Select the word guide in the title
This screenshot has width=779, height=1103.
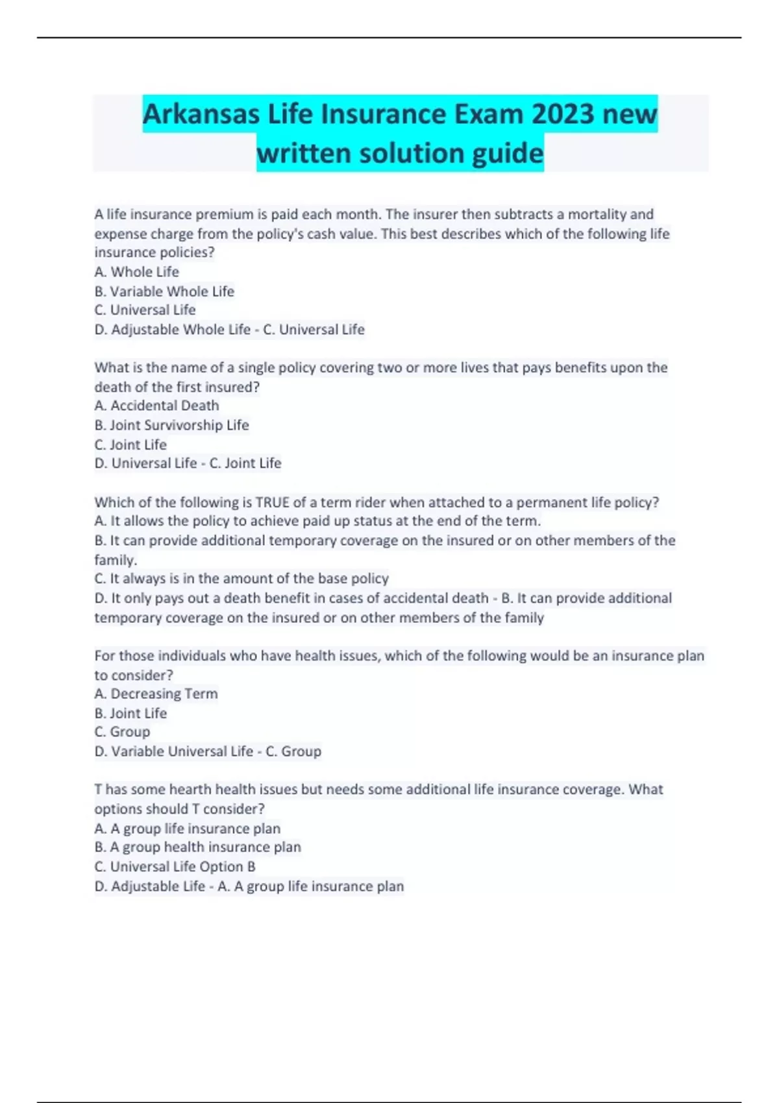[508, 154]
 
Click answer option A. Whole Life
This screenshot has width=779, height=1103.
[136, 272]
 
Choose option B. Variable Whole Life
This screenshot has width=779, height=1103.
[164, 291]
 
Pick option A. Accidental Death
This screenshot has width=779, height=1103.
[156, 406]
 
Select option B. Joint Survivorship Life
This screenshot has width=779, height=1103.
[171, 425]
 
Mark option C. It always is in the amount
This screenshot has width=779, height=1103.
[241, 578]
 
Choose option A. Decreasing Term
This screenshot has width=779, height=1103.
[156, 694]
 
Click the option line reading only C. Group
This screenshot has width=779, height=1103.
[122, 732]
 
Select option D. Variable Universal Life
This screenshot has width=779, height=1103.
[173, 751]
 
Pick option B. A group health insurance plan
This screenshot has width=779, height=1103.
[197, 847]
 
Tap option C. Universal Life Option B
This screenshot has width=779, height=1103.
[175, 867]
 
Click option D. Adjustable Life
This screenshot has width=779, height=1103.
[149, 886]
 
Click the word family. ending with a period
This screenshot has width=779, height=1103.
[116, 559]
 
